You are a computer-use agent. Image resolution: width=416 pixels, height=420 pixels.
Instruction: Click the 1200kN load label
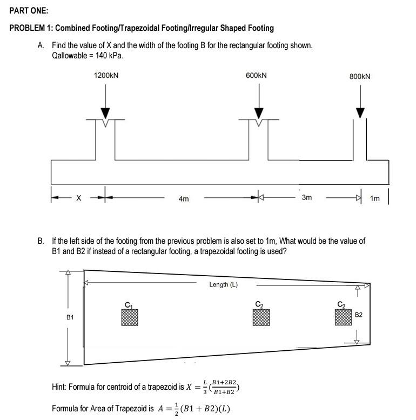tap(106, 76)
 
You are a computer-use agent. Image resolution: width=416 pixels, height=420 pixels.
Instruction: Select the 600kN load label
tap(256, 76)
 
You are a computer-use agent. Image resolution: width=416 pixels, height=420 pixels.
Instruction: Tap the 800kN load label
tap(360, 77)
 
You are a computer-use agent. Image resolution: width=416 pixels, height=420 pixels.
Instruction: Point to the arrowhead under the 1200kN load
tap(105, 112)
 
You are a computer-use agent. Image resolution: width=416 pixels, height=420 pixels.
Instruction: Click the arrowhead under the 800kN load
tap(360, 112)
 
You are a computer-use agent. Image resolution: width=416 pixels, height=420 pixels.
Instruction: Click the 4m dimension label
tap(184, 199)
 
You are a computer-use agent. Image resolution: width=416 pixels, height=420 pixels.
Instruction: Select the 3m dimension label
tap(306, 198)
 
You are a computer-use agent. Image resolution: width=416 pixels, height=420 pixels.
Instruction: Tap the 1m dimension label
tap(375, 199)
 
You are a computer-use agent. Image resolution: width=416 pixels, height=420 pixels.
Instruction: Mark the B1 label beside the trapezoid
tap(70, 318)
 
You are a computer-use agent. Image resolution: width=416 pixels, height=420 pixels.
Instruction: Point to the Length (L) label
tap(223, 285)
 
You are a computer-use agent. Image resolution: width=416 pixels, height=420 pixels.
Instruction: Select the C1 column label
tap(129, 304)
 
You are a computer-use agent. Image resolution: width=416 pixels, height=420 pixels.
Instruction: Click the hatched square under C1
tap(130, 317)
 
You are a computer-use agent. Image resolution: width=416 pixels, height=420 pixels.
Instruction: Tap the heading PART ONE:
tap(29, 11)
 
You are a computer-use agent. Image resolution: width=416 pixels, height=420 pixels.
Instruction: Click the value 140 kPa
tap(101, 56)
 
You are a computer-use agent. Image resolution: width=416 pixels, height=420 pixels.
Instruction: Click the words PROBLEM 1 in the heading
tap(31, 28)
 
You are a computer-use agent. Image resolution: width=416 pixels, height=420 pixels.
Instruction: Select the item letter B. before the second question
tap(41, 241)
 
